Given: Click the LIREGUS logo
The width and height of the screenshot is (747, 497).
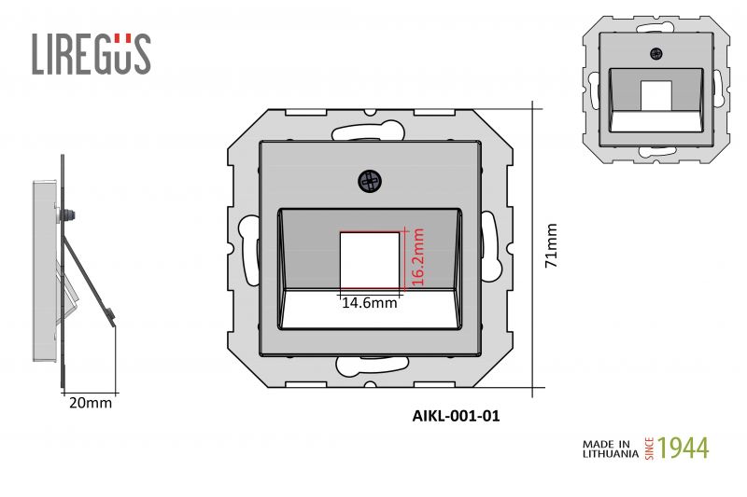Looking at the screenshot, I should (91, 53).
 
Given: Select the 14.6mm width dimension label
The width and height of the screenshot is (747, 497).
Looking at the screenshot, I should (369, 302).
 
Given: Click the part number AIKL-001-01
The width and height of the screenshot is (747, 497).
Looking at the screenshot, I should (456, 417).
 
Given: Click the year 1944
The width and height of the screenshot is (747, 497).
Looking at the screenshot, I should (684, 448).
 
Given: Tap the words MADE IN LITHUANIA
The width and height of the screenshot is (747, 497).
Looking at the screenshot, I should (611, 448).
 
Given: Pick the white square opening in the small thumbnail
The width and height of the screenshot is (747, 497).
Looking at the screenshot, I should (655, 94).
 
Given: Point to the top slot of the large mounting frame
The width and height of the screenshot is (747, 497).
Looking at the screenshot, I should (371, 128).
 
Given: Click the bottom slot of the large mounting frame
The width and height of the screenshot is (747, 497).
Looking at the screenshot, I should (371, 366).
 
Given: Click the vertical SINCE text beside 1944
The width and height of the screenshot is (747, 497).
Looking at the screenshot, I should (651, 448).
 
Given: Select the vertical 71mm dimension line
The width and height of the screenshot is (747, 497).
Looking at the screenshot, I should (533, 246).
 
